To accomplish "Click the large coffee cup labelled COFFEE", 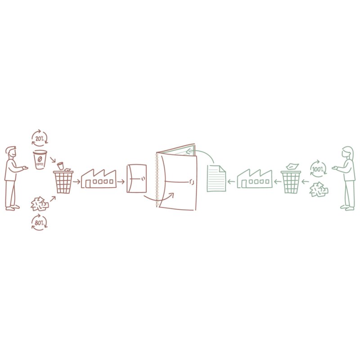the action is (x=40, y=160).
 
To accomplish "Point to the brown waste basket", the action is (x=63, y=182).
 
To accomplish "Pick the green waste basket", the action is (x=291, y=182).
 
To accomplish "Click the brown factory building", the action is (x=99, y=179).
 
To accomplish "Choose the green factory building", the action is (x=255, y=179).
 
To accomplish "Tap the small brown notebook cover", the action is (x=137, y=178).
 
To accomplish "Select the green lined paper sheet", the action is (x=216, y=178).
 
